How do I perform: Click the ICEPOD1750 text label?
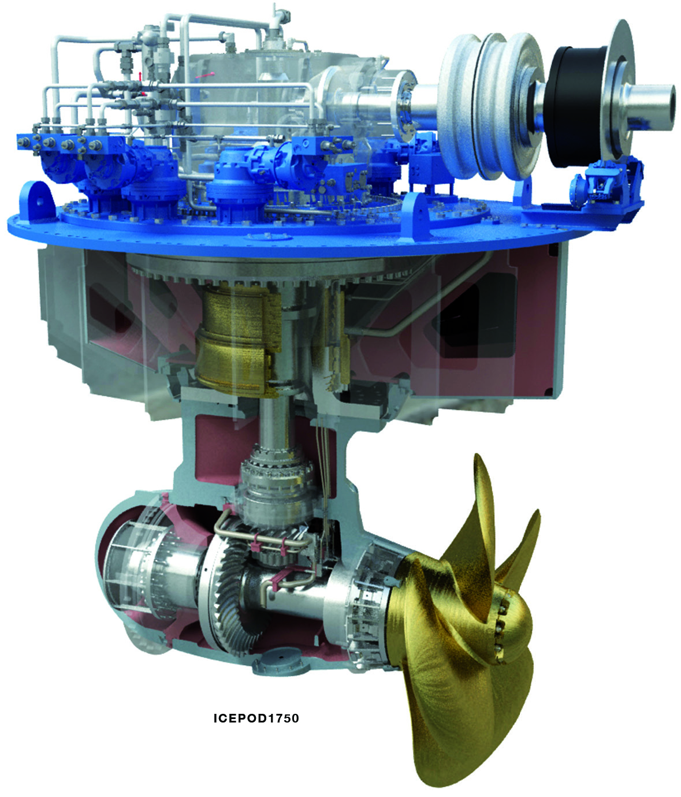(x=256, y=718)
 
